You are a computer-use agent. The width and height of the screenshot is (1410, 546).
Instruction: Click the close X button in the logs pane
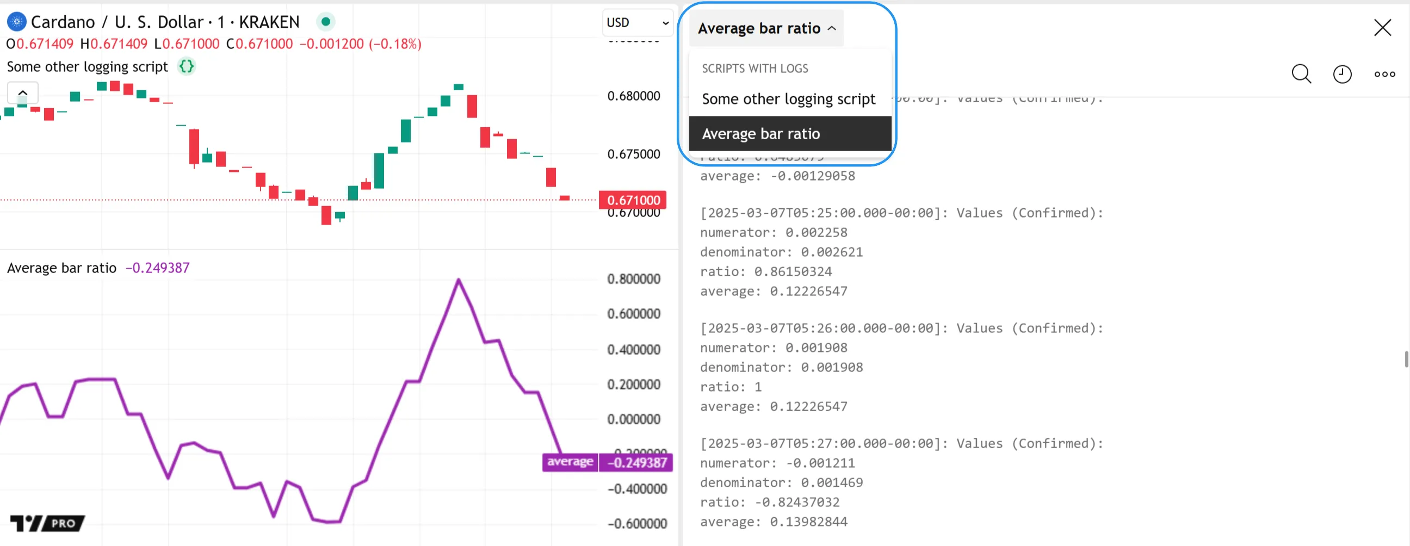pos(1382,27)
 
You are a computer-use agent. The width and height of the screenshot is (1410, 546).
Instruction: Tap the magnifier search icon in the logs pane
pos(1301,74)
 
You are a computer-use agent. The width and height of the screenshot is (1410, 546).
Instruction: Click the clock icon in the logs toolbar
pos(1341,74)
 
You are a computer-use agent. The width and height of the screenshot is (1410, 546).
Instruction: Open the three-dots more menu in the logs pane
pos(1384,74)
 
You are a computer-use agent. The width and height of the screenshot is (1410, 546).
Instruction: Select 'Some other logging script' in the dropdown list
pos(788,99)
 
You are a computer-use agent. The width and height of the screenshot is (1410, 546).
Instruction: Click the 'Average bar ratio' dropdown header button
pos(766,28)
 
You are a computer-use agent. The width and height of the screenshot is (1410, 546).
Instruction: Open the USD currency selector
pos(637,22)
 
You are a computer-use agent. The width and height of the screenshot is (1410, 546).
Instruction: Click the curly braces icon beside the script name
pos(187,66)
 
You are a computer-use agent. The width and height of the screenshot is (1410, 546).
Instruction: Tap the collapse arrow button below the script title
pos(22,92)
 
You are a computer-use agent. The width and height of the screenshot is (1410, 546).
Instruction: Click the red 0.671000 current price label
pos(633,200)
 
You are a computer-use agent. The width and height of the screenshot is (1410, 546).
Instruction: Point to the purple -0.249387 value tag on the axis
pos(636,462)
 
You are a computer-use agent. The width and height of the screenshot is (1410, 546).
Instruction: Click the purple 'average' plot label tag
pos(569,462)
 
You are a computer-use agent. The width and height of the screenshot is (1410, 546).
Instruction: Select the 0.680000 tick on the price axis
pos(633,96)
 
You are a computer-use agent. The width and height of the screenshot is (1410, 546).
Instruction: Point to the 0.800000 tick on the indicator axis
pos(633,279)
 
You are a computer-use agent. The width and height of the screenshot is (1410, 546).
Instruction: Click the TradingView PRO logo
pos(48,523)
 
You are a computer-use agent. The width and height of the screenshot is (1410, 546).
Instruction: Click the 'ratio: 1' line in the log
pos(730,387)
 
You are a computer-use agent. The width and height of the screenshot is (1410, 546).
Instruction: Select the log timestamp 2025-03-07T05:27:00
pos(821,443)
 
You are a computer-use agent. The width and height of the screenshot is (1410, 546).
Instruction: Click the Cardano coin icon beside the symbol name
pos(16,22)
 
